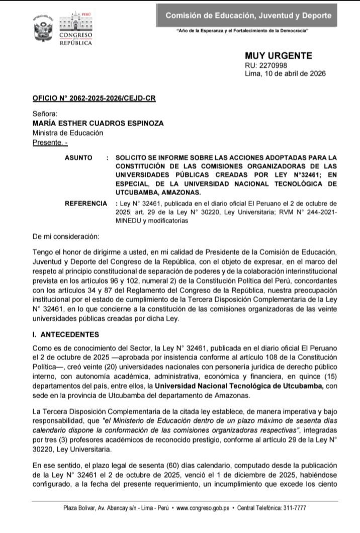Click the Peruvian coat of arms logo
coord(44,29)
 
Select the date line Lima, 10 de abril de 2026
coord(285,73)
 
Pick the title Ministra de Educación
coord(67,133)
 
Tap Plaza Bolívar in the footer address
coord(77,508)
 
